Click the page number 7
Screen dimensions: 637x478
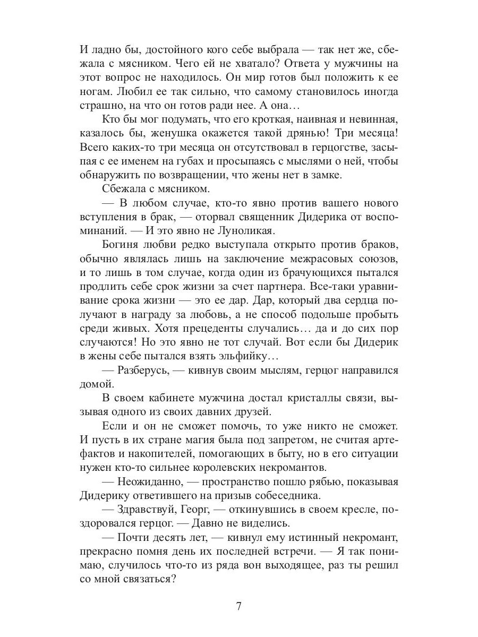pyautogui.click(x=239, y=606)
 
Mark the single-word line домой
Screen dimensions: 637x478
pyautogui.click(x=96, y=383)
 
